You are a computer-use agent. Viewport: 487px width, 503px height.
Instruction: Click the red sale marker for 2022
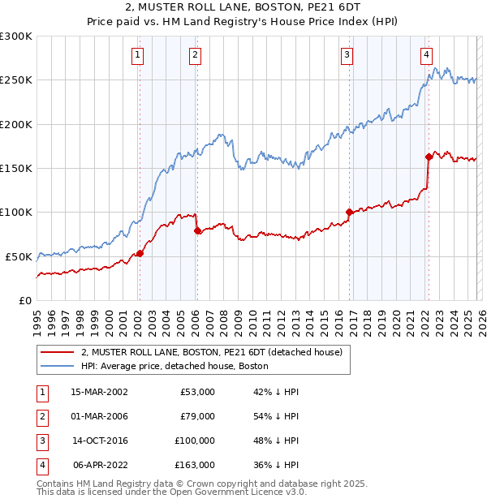(428, 157)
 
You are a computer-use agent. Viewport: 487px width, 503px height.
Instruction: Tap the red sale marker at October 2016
(349, 212)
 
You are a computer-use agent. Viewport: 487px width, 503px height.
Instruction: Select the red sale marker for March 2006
(196, 230)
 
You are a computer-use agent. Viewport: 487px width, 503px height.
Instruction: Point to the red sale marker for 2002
(140, 253)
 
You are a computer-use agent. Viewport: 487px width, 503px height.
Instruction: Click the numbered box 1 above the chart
(138, 55)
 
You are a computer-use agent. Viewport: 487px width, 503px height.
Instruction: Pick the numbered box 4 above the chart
(426, 55)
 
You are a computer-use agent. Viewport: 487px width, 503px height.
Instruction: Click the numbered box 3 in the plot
(347, 55)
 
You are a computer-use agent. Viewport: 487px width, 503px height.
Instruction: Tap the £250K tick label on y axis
(16, 80)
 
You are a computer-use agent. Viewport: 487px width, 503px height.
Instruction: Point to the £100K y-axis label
(16, 212)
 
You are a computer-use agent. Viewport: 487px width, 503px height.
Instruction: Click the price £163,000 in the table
(196, 465)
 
